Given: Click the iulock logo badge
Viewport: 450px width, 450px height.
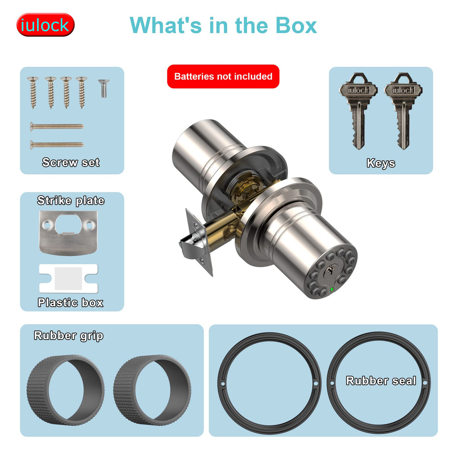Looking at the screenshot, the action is click(x=45, y=25).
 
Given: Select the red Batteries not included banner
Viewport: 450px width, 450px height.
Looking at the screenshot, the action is click(x=223, y=76).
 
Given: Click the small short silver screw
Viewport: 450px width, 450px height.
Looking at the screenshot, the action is click(x=104, y=88).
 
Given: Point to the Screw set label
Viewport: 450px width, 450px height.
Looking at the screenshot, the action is click(x=71, y=163).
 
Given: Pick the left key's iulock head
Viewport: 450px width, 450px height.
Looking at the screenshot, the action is click(x=358, y=89).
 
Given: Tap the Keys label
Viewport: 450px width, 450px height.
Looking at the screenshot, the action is click(x=381, y=163).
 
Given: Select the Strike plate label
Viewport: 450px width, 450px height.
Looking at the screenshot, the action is click(x=71, y=200).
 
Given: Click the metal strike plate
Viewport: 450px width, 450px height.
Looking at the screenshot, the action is click(x=68, y=233).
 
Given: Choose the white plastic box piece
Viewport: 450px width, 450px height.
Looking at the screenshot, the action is click(x=69, y=278).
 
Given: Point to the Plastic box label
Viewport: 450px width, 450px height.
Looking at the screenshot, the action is click(x=71, y=302).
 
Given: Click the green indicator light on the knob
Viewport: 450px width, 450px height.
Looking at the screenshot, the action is click(x=332, y=289).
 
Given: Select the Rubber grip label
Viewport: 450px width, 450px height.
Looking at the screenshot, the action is click(x=68, y=335).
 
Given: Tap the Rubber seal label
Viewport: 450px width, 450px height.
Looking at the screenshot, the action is click(x=381, y=381).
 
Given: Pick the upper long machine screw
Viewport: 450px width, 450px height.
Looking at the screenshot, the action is click(x=57, y=126).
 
